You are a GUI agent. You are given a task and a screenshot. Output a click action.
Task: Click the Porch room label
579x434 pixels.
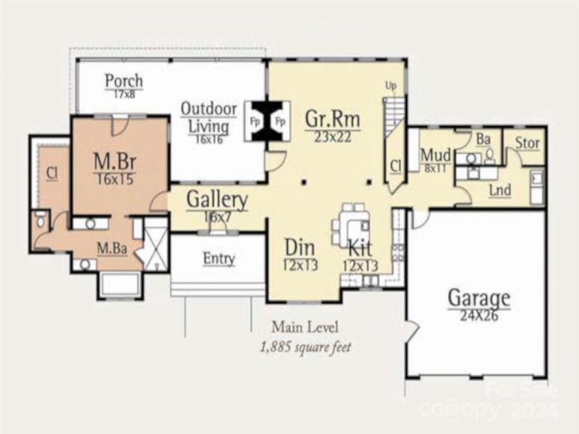coord(124,80)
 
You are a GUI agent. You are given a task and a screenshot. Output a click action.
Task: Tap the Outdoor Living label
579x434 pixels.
coord(209,118)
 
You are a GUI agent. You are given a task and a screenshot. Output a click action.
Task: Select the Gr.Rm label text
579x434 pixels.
coord(332,118)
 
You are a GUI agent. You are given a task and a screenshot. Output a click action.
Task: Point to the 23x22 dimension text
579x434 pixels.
coord(332,136)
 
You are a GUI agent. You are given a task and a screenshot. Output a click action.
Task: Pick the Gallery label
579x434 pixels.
coord(217,199)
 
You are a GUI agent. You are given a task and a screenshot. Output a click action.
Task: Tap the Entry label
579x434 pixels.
coord(218,258)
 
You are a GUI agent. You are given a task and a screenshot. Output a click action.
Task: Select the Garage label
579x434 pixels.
coord(478,297)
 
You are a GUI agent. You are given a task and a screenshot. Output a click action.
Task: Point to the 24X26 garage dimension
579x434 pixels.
coord(478,315)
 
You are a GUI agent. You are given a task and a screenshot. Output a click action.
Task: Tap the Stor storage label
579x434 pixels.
coord(527,143)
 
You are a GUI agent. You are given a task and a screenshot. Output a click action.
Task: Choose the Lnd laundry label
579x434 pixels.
coord(499,190)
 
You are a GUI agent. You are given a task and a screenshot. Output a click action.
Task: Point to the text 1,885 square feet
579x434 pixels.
coord(305,346)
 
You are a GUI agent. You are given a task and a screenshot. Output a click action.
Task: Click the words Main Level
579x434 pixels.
coord(305,327)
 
